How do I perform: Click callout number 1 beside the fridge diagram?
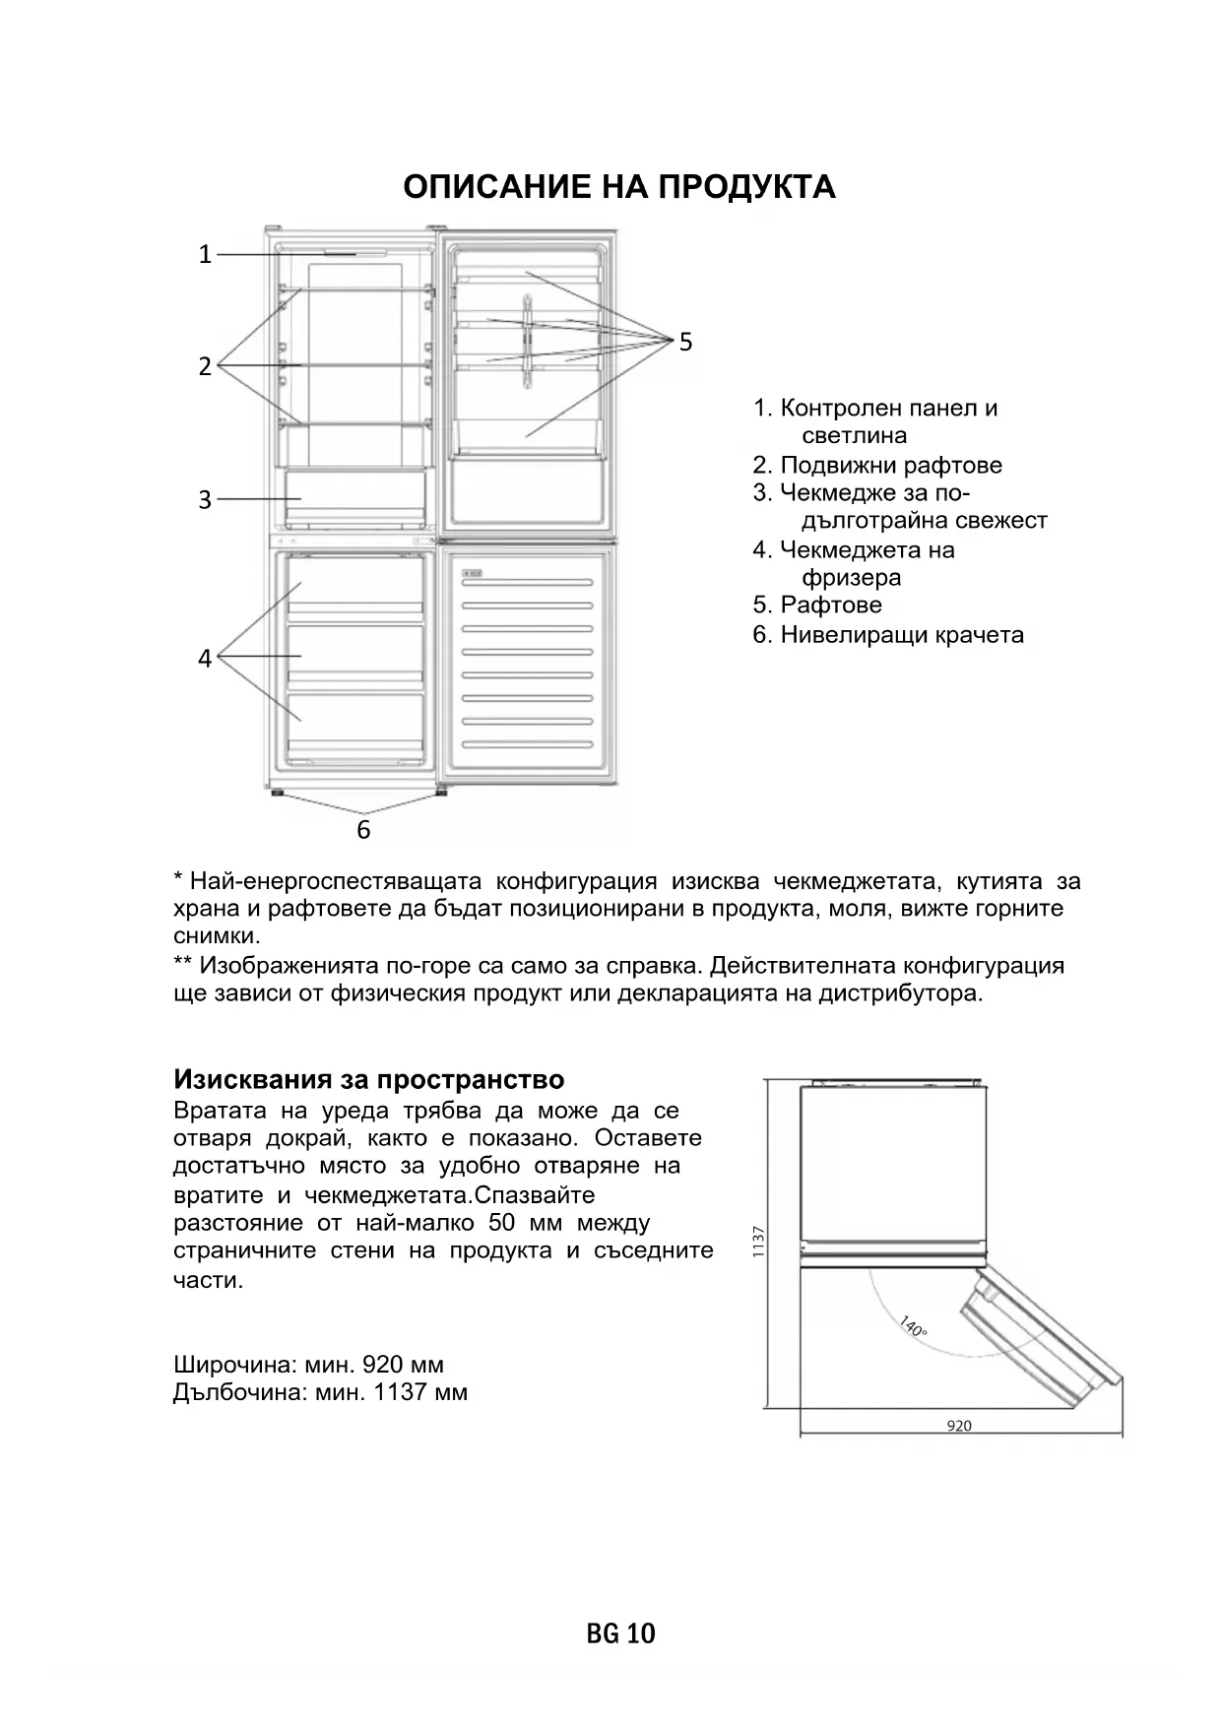click(x=205, y=255)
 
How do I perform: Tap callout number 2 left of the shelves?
click(x=205, y=366)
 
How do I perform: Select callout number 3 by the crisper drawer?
click(x=205, y=500)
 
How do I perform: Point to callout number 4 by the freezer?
click(x=205, y=658)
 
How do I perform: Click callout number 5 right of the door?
click(x=685, y=342)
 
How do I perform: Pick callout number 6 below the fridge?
click(x=363, y=830)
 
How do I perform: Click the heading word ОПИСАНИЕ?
click(x=496, y=187)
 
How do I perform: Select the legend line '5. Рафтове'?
click(x=817, y=605)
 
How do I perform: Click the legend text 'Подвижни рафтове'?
click(x=890, y=465)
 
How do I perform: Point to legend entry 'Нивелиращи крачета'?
click(x=901, y=635)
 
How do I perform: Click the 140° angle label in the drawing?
click(x=913, y=1327)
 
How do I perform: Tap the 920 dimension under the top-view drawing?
click(x=958, y=1426)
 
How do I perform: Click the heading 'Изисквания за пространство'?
click(x=368, y=1080)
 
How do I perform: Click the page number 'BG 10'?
click(x=620, y=1633)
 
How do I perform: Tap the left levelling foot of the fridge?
click(x=277, y=791)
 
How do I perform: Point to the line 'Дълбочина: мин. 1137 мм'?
click(x=320, y=1392)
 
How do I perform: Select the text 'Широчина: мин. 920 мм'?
click(x=308, y=1365)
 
